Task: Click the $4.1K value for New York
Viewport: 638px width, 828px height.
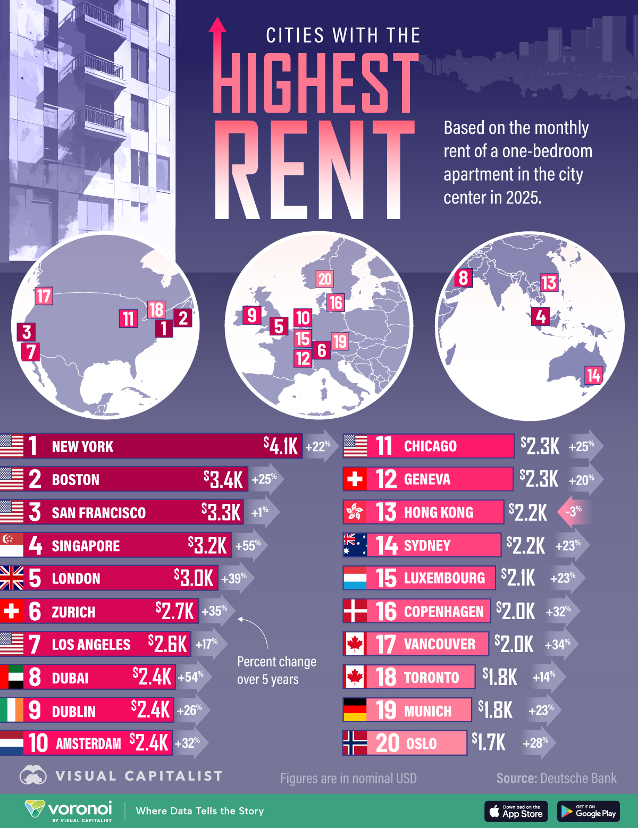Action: click(x=281, y=446)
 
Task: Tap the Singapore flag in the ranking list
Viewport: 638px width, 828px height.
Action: click(x=12, y=545)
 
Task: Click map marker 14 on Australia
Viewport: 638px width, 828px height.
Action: click(x=593, y=375)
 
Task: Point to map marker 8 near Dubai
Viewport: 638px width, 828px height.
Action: click(x=463, y=277)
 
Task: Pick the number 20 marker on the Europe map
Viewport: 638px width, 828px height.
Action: click(x=324, y=278)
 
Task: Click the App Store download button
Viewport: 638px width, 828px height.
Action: click(x=516, y=811)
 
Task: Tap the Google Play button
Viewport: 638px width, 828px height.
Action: click(x=589, y=811)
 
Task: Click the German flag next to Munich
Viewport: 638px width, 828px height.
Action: click(x=355, y=710)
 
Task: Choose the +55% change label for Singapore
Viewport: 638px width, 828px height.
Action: click(x=248, y=546)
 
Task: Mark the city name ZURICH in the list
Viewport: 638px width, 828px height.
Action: click(x=73, y=612)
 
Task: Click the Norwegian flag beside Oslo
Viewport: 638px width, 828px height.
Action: click(x=355, y=743)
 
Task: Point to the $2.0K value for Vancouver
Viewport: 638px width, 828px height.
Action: click(x=514, y=644)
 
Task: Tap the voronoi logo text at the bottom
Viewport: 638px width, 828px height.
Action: click(x=80, y=809)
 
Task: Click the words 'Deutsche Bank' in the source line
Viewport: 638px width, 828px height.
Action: click(x=578, y=778)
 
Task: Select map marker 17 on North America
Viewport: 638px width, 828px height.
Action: click(x=44, y=296)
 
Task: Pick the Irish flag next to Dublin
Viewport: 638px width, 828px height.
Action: click(x=12, y=710)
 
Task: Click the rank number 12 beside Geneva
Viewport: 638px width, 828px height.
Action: click(x=386, y=479)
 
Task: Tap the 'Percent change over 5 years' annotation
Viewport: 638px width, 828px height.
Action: click(x=276, y=670)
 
